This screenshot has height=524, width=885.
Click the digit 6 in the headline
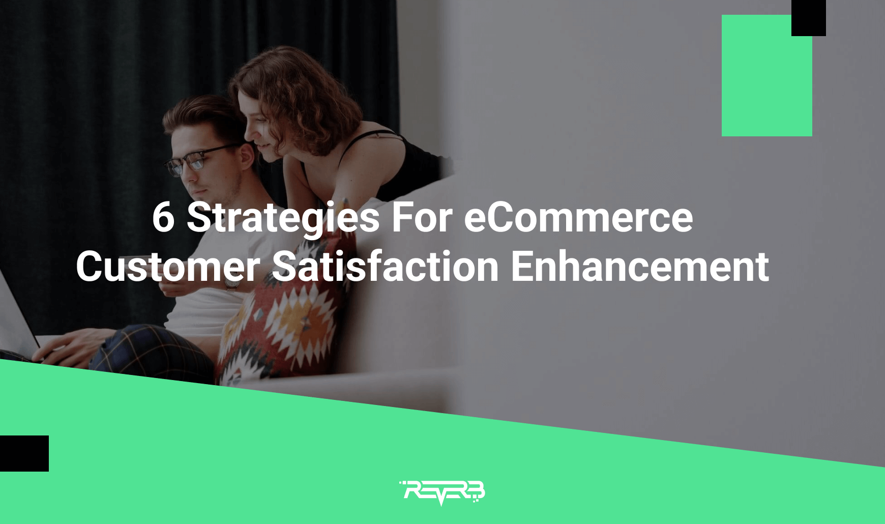[163, 218]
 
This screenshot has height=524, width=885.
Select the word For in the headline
[422, 218]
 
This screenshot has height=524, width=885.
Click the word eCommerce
[578, 218]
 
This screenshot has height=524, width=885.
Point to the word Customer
[168, 266]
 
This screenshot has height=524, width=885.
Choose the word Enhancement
[639, 266]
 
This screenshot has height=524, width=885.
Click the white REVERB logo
[442, 492]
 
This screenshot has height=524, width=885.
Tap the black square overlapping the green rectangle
[808, 18]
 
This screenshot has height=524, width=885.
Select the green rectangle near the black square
[766, 75]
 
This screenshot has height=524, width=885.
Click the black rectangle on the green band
[24, 453]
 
